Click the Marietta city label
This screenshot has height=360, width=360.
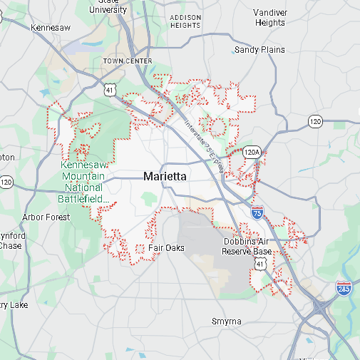click(x=165, y=175)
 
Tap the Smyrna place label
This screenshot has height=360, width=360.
click(x=227, y=322)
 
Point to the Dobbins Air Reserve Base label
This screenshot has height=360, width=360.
click(x=247, y=247)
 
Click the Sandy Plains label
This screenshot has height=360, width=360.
click(x=259, y=50)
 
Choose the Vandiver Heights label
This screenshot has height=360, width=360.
click(x=270, y=18)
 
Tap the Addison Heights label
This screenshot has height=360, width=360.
click(x=186, y=21)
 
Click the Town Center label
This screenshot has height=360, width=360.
click(x=128, y=61)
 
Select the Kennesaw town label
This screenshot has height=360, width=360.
click(x=51, y=27)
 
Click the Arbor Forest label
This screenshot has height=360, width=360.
click(x=46, y=217)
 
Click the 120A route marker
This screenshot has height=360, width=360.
click(x=251, y=152)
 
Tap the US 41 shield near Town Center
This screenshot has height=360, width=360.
click(x=108, y=89)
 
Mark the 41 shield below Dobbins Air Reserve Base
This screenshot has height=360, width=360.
click(x=262, y=264)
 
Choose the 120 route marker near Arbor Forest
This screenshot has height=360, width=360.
click(x=6, y=182)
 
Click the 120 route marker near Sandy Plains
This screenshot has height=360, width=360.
click(x=316, y=121)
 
